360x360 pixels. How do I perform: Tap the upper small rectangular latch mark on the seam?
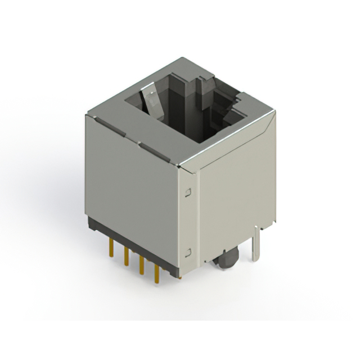[189, 192]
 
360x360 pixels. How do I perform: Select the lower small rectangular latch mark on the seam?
[189, 251]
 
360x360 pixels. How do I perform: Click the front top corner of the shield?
[179, 165]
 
